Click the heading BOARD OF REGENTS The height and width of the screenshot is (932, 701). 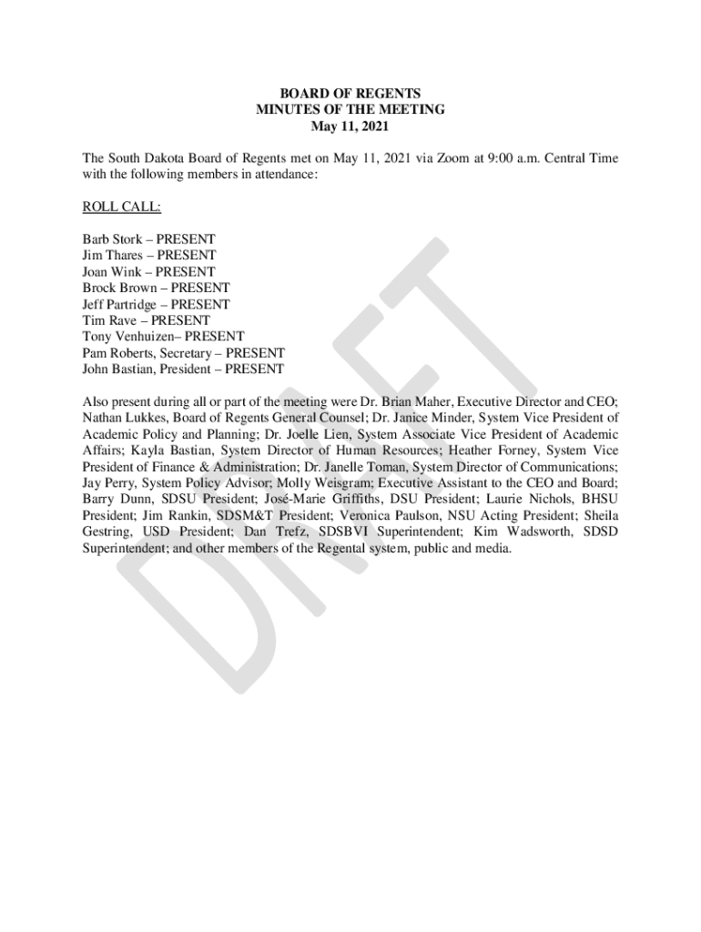coord(350,93)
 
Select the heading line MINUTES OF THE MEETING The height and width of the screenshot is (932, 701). coord(350,109)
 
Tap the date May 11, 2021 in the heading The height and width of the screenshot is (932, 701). coord(350,126)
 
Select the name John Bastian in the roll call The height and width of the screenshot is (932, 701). coord(116,370)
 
